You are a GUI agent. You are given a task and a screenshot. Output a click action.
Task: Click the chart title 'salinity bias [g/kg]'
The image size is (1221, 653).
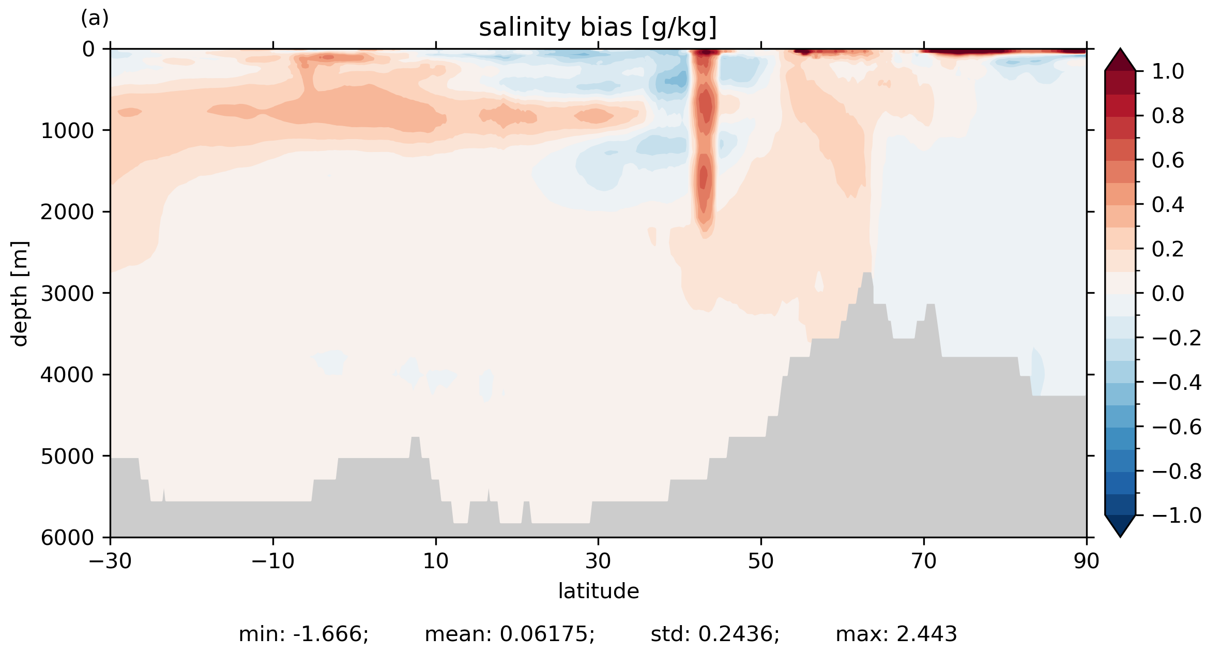click(598, 28)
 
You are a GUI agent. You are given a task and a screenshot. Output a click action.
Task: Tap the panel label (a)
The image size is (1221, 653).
click(95, 19)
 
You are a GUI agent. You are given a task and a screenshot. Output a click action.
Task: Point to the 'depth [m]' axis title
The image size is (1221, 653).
click(20, 293)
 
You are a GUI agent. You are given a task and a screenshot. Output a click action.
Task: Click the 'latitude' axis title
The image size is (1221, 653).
click(598, 591)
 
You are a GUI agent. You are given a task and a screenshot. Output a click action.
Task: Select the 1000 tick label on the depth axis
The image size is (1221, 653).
click(67, 131)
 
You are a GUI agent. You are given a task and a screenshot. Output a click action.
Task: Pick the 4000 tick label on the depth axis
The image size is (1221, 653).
click(67, 375)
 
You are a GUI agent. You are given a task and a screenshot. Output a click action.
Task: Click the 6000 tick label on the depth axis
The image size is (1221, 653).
click(67, 538)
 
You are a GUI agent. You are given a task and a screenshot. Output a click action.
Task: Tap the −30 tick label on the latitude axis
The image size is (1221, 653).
click(110, 561)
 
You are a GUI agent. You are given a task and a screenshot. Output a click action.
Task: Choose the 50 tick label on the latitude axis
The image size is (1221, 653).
click(760, 561)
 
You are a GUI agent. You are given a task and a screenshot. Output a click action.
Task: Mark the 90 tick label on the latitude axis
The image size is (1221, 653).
click(1086, 561)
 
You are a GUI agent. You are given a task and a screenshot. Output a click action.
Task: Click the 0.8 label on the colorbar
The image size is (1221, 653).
click(1168, 116)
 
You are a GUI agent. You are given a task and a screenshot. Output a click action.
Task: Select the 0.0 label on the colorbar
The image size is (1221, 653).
click(1168, 294)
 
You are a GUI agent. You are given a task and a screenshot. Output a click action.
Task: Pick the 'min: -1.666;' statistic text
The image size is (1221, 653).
click(303, 634)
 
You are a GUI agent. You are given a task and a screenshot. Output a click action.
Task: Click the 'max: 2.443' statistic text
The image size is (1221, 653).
click(896, 634)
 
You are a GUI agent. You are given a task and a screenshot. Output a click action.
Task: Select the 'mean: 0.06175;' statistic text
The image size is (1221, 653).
click(509, 634)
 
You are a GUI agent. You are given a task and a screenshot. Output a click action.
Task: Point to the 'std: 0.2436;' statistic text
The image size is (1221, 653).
click(714, 634)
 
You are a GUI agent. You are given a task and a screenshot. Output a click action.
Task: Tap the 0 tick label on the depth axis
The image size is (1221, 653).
click(88, 50)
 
